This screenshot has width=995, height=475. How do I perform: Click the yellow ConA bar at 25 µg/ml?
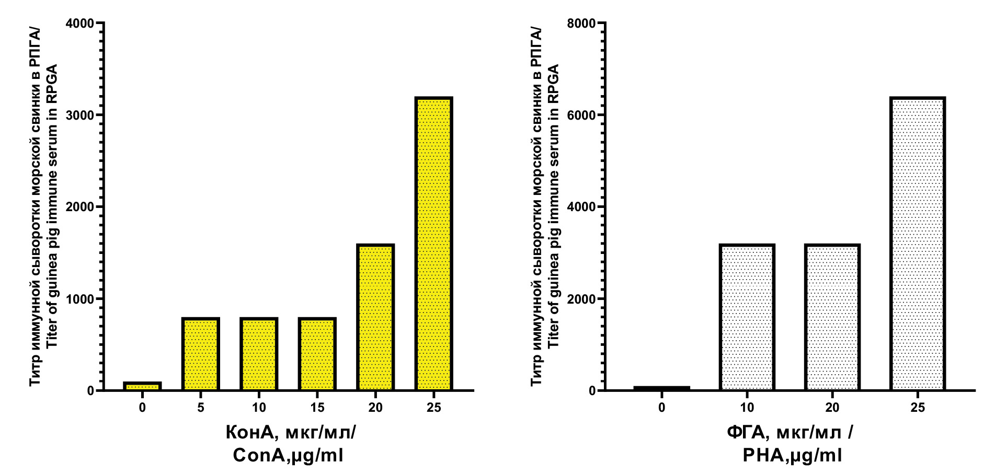[433, 244]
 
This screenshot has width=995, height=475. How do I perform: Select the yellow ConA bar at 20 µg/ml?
[375, 317]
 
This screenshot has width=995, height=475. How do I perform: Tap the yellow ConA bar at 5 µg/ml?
[201, 354]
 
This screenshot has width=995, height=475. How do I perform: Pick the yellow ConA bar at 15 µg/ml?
[317, 354]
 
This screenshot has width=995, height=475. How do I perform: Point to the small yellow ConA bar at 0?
[142, 386]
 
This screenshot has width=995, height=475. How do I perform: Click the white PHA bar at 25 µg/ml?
[918, 244]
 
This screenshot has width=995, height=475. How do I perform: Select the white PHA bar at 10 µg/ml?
[747, 317]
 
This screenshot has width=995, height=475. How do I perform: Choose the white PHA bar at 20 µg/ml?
[832, 317]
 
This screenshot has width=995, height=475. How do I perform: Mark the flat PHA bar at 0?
[662, 388]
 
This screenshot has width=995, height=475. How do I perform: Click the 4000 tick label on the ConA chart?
[80, 24]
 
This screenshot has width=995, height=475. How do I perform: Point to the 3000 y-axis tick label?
[80, 115]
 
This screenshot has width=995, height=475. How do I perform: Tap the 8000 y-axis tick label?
[581, 24]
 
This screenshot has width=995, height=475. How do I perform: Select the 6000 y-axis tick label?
[581, 115]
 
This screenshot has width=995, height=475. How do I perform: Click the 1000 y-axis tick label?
[80, 299]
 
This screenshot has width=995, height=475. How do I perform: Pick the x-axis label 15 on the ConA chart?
[317, 408]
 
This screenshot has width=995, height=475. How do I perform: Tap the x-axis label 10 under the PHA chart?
[747, 408]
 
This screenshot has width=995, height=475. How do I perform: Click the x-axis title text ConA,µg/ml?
[288, 455]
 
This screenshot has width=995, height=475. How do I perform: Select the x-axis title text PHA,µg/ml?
[792, 455]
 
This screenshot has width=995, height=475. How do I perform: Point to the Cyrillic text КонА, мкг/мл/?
[291, 433]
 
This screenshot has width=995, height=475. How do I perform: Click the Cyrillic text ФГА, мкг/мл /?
[790, 433]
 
